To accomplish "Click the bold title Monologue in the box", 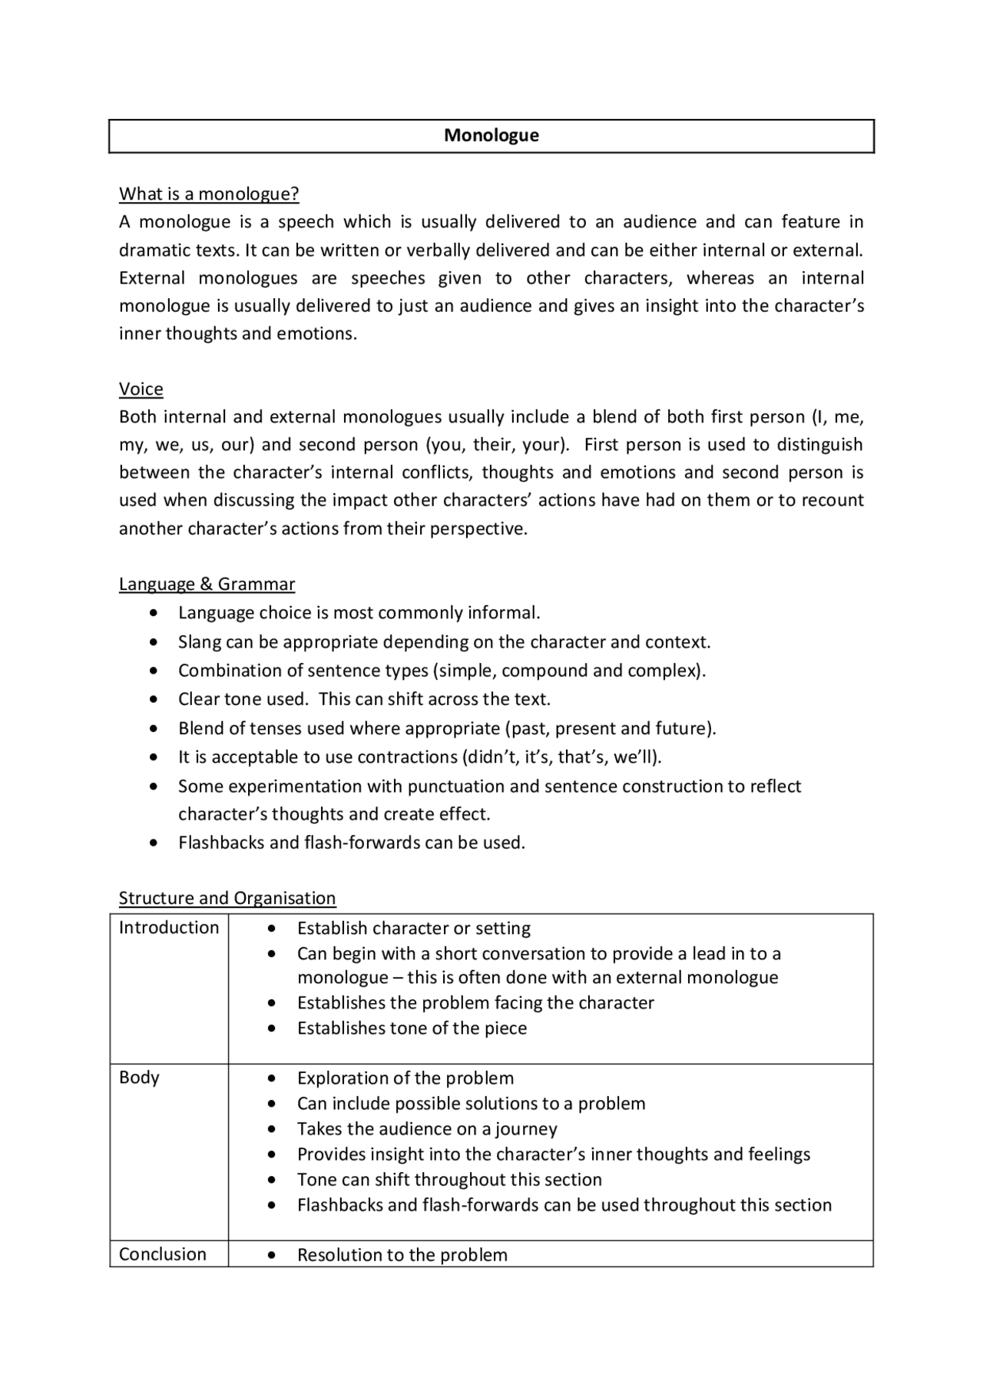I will [x=491, y=136].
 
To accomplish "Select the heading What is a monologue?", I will [x=209, y=194].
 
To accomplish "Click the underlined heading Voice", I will [x=141, y=389].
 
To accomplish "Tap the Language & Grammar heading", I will [x=207, y=585].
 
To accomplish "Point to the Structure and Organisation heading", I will [x=227, y=899].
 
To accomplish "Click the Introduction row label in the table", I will [x=169, y=928].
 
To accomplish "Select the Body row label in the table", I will [x=139, y=1078].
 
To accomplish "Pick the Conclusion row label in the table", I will [x=163, y=1254].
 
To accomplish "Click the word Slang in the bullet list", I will [x=200, y=642].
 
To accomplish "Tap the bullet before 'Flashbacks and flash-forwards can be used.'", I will [x=156, y=843].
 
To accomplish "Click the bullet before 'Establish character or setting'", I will [x=272, y=929].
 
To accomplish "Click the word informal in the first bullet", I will [x=503, y=613].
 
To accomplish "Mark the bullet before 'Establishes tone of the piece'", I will [x=272, y=1028].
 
